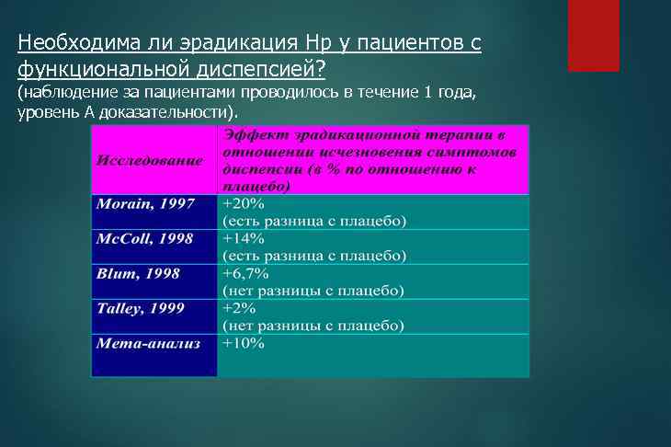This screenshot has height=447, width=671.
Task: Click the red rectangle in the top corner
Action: [594, 35]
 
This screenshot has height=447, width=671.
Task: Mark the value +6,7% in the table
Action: [245, 273]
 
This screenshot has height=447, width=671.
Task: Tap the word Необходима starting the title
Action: [67, 43]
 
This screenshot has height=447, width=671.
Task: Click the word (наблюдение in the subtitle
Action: [61, 93]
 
